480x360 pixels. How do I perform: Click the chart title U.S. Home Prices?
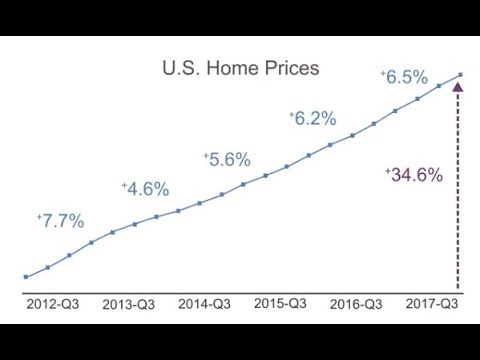tap(240, 69)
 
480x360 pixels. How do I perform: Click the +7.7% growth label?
tap(61, 221)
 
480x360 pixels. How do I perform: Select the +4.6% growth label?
tap(146, 189)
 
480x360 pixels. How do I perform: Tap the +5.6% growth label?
tap(227, 159)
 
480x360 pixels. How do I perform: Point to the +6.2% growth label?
tap(313, 118)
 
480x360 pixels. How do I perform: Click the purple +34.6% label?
tap(414, 174)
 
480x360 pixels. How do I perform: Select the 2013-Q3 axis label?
tap(130, 304)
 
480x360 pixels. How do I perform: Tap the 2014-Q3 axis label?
tap(205, 303)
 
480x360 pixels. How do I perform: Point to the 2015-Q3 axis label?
tap(281, 302)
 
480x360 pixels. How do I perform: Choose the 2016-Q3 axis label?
tap(356, 303)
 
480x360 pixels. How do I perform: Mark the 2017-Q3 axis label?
tap(432, 302)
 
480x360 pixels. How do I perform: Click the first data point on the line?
tap(25, 277)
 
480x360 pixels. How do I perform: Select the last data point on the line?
tap(461, 73)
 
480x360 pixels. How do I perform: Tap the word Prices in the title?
tap(292, 69)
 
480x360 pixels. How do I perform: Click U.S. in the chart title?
tap(181, 69)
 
